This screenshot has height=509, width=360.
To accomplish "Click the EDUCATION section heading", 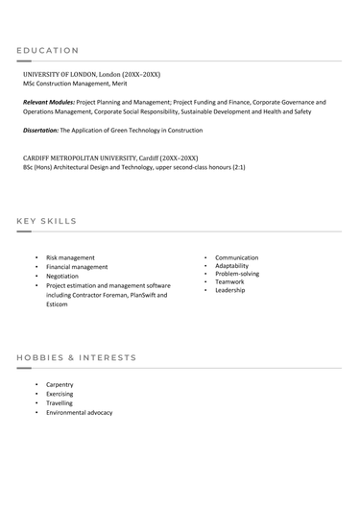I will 48,50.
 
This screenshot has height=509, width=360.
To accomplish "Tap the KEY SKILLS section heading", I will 47,221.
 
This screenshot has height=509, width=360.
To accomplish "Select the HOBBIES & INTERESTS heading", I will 77,357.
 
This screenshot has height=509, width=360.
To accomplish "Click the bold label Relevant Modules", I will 48,101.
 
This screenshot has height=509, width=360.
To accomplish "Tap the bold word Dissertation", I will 40,129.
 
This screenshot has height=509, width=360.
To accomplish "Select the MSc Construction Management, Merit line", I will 74,84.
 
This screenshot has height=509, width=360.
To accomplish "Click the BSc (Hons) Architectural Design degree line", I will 133,167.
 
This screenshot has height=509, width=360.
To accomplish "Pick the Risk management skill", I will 70,257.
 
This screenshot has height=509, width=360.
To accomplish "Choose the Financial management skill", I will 77,267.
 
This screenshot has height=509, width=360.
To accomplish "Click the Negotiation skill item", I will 62,276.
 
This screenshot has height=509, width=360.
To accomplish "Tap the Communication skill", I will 236,257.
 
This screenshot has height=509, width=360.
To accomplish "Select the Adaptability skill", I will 231,266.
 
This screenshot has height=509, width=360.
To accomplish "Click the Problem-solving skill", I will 237,274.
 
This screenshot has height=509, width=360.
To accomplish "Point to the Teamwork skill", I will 229,281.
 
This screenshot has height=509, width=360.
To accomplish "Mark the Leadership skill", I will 230,290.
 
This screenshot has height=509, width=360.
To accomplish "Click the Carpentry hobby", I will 60,384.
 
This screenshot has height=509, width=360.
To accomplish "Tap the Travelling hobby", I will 60,403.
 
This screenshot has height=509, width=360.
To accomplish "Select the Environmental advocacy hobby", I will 79,412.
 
